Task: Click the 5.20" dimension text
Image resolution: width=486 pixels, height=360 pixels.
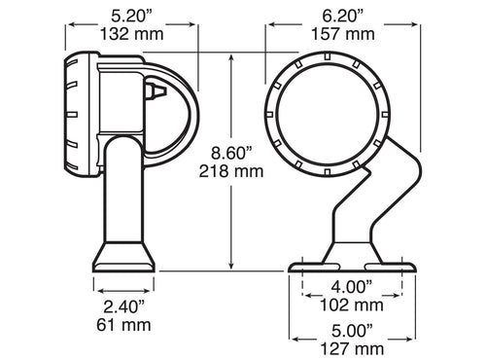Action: (x=131, y=16)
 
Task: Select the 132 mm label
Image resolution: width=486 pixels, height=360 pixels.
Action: (x=131, y=35)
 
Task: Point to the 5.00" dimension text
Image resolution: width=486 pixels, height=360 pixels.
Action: (x=352, y=329)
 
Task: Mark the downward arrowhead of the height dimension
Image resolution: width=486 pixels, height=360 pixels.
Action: (x=231, y=267)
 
